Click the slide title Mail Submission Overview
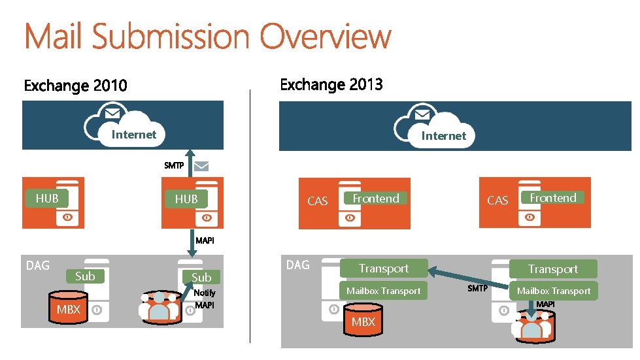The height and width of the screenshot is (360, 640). click(x=207, y=37)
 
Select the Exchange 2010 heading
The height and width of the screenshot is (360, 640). click(x=75, y=86)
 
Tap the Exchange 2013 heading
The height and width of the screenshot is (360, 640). click(x=331, y=85)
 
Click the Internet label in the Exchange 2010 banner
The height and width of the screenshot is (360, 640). click(x=134, y=135)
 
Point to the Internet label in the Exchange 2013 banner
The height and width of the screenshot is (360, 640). click(x=443, y=136)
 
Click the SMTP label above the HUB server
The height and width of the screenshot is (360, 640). click(x=174, y=165)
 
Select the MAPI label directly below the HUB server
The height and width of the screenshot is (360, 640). click(x=205, y=240)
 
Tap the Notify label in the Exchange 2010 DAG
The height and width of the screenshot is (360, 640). click(x=205, y=293)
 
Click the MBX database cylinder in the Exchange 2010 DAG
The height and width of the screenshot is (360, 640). click(x=68, y=309)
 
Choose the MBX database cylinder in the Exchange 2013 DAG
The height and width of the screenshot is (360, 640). click(x=363, y=321)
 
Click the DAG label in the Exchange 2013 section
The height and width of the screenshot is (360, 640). click(x=297, y=265)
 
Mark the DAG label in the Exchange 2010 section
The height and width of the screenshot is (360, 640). click(x=37, y=265)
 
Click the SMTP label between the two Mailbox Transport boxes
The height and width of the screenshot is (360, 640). click(x=477, y=288)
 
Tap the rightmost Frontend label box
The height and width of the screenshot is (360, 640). click(x=552, y=198)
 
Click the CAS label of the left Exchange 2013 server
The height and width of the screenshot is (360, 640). click(x=317, y=201)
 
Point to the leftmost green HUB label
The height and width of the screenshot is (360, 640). click(x=47, y=198)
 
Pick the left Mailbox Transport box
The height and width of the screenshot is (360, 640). click(x=383, y=291)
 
